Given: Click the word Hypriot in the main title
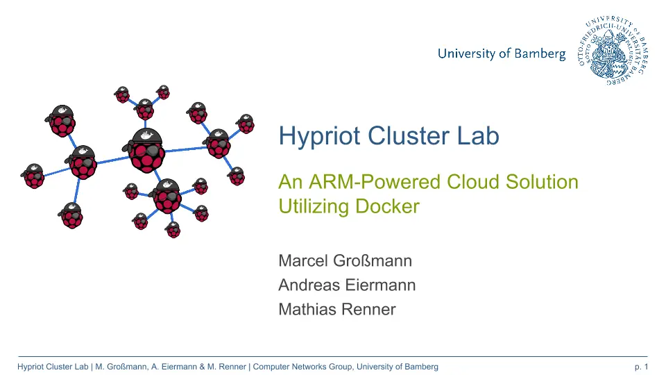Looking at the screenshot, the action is click(x=319, y=137).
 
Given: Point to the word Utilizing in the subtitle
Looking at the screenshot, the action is click(x=314, y=207).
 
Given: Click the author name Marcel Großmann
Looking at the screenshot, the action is click(x=345, y=260).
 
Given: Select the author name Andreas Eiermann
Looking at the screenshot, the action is click(x=347, y=285).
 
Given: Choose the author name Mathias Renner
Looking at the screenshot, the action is click(x=337, y=309).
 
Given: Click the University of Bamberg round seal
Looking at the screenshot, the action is click(x=613, y=50).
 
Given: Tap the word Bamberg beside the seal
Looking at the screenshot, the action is click(x=540, y=54).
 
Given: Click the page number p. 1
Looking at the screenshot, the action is click(x=641, y=367).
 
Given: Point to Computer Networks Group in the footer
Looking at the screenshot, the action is click(x=302, y=367).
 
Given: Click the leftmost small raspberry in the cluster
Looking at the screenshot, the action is click(x=33, y=176).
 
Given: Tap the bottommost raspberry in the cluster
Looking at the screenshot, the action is click(x=173, y=230).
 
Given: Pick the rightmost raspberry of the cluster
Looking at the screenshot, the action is click(x=246, y=124).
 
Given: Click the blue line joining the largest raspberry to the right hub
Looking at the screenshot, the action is click(x=186, y=149).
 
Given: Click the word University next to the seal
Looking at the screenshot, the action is click(x=466, y=54).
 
